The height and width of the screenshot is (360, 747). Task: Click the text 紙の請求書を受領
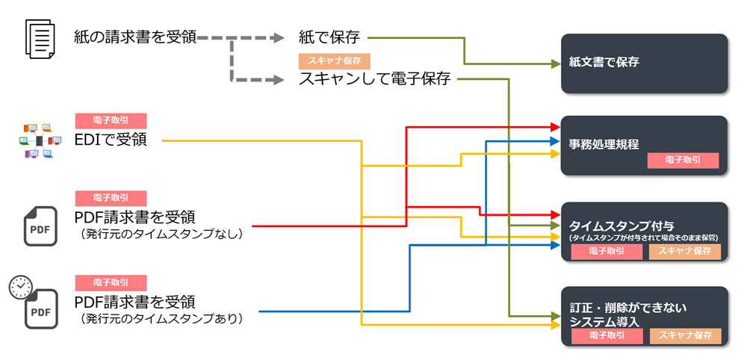(136, 37)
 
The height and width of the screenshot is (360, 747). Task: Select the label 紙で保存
(329, 37)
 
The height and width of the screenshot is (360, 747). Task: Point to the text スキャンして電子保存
(374, 78)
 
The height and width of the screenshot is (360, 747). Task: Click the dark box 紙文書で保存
(644, 63)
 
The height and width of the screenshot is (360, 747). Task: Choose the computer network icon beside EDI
(40, 140)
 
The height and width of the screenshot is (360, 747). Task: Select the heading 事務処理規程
(604, 144)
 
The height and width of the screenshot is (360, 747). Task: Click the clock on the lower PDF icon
(20, 288)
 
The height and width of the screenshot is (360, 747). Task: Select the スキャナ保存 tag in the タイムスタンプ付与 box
(685, 252)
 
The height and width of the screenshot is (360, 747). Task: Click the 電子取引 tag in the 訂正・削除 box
(607, 336)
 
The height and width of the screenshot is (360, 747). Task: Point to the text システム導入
(604, 321)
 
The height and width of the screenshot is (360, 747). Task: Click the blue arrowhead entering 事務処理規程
(554, 140)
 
